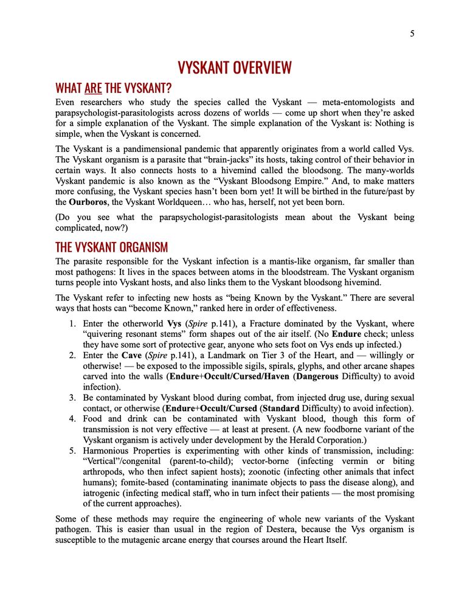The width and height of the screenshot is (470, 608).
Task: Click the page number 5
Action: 412,34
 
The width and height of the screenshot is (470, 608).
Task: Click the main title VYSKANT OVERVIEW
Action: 235,67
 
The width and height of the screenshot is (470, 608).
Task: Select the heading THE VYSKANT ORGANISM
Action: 112,247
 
